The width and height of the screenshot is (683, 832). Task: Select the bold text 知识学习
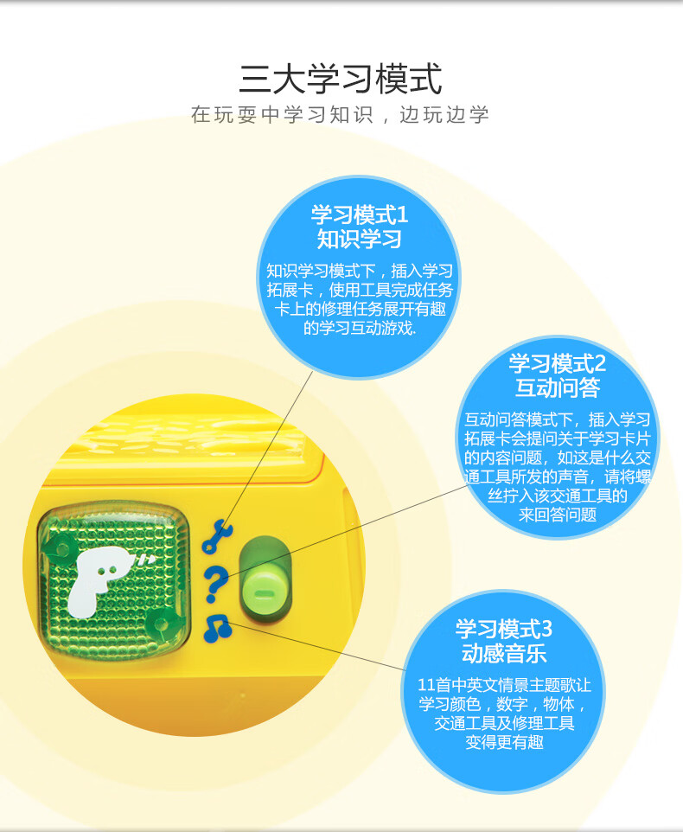tap(359, 239)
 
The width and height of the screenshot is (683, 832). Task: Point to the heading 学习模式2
tap(558, 363)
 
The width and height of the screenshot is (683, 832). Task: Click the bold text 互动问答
tap(558, 387)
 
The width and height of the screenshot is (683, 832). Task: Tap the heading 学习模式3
tap(504, 629)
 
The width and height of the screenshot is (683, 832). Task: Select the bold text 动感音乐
tap(504, 653)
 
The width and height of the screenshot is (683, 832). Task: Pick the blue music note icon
tap(218, 629)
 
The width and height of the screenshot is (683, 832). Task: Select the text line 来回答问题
tap(558, 515)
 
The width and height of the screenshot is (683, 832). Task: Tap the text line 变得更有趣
tap(504, 743)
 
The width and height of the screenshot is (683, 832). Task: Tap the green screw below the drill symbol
tap(162, 624)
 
